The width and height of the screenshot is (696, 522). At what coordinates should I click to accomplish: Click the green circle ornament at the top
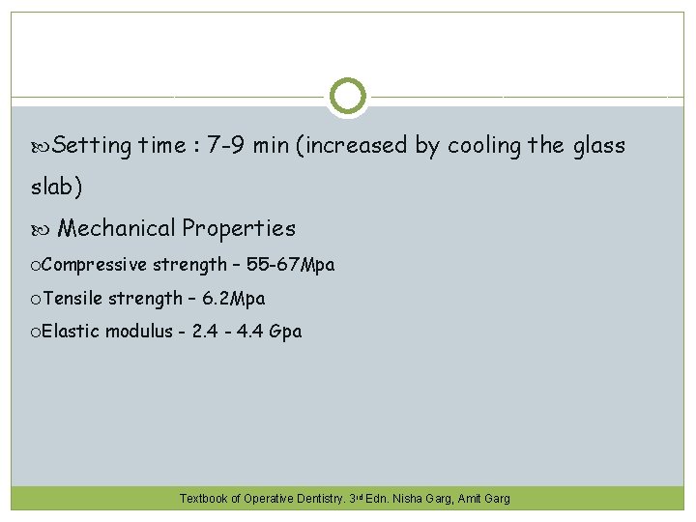click(348, 97)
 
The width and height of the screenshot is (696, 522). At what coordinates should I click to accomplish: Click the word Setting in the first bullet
click(92, 146)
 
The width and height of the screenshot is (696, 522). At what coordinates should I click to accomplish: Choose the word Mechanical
click(117, 228)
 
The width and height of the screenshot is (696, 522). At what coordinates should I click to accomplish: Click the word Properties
click(239, 228)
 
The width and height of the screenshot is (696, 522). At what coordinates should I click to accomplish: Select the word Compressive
click(95, 265)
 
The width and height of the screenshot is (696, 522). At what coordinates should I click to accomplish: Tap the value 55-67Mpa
click(292, 265)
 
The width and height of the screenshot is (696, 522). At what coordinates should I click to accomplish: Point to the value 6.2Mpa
click(234, 299)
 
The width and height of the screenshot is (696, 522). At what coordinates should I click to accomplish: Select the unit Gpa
click(285, 332)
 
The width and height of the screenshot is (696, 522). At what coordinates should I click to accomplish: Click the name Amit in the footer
click(472, 499)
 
